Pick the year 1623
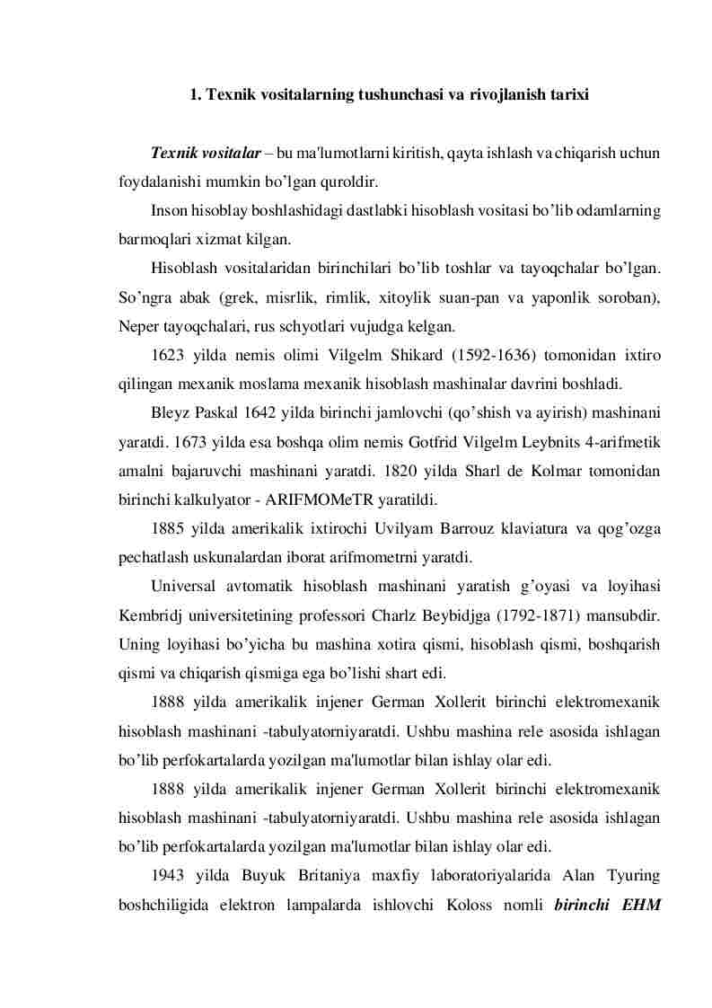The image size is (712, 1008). [x=168, y=356]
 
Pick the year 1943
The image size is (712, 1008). [x=168, y=875]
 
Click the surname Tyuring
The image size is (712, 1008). [x=632, y=875]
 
